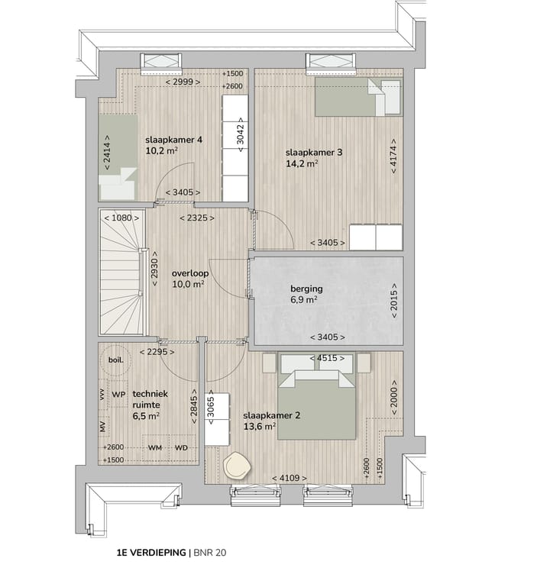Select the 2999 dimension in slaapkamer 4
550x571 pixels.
[183, 82]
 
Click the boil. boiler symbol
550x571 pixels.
[116, 360]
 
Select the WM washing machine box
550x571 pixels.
[155, 447]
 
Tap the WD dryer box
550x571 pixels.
[181, 447]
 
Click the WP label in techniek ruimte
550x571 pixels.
[118, 394]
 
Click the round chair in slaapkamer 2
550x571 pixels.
[238, 465]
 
